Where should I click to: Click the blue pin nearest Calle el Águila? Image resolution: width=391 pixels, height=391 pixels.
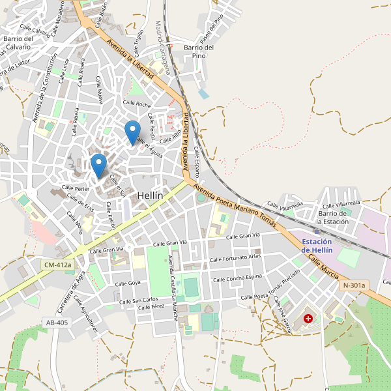tap(132, 132)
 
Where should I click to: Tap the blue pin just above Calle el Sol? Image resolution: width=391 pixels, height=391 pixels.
tap(98, 165)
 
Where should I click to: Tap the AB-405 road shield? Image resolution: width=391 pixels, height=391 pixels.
tap(57, 323)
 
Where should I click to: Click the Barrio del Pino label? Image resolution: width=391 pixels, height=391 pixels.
tap(199, 51)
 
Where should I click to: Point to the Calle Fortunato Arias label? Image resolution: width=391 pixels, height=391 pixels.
tap(235, 258)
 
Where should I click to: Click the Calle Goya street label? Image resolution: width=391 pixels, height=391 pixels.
tap(128, 283)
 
